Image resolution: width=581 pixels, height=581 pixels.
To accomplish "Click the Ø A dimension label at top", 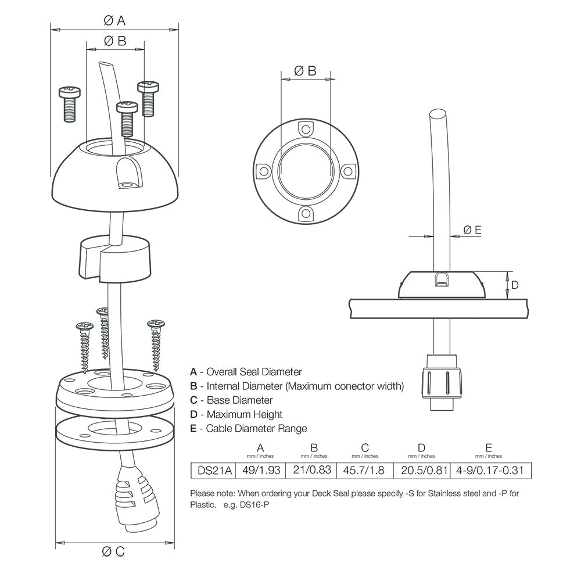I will point(114,20).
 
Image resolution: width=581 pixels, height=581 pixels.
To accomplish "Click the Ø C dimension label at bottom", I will point(113,551).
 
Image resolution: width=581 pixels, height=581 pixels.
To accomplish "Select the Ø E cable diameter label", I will point(472,231).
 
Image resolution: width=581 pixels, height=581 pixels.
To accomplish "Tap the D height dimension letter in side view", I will point(514,285).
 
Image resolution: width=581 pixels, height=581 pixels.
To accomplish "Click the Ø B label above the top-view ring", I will point(305,71).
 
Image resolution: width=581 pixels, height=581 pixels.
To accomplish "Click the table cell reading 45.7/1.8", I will point(364,469).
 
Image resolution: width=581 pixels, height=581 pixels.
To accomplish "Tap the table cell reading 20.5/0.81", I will point(421,469).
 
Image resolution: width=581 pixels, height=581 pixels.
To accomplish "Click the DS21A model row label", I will point(213,469).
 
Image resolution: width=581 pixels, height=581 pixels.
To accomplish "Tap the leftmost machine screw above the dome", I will point(69,104).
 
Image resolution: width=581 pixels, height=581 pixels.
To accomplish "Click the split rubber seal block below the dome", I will point(115,256).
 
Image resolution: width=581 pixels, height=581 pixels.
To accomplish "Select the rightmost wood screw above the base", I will point(156,343).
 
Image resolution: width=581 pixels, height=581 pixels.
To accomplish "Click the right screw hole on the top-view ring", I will point(347,171).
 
